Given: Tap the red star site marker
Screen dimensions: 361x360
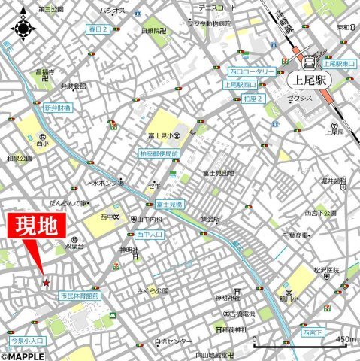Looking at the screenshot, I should [x=46, y=283].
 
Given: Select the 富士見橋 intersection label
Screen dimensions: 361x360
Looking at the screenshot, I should [x=170, y=204].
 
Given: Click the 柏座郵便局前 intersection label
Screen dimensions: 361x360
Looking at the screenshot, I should [x=159, y=153].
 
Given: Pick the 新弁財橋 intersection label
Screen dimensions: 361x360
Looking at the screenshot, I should [x=57, y=108].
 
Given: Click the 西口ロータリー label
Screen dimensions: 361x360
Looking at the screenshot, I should [x=253, y=71].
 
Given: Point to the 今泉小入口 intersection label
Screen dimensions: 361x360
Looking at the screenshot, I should [x=27, y=341].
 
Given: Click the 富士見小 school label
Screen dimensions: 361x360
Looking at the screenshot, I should [x=161, y=136].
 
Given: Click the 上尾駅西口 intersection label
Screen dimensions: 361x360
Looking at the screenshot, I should [x=241, y=85].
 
